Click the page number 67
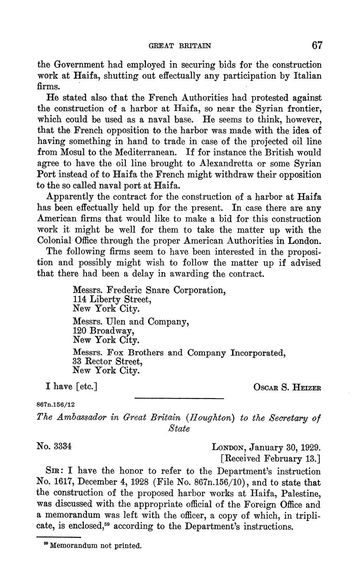317,45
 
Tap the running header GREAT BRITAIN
180,46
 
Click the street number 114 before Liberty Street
80,299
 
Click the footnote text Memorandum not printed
95,546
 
